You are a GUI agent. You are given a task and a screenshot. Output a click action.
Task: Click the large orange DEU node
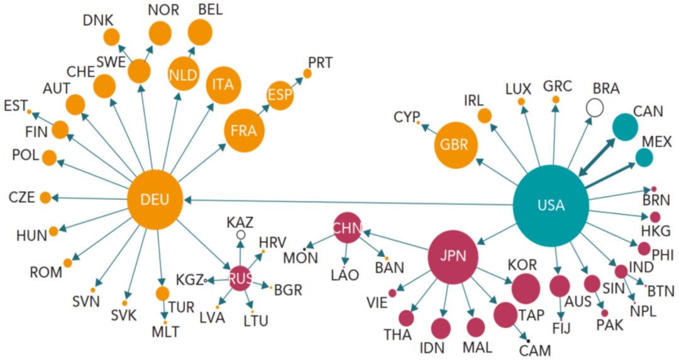155,200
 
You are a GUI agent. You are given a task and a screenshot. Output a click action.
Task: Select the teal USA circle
551,205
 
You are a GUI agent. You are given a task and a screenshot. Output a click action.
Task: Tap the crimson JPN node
451,256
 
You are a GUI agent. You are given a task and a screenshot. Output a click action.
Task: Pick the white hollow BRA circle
594,108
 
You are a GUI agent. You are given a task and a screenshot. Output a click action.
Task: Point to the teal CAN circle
626,126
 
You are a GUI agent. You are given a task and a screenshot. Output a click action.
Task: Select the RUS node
240,280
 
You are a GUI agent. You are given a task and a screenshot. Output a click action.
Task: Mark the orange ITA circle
223,84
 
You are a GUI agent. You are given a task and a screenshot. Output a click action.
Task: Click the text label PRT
320,62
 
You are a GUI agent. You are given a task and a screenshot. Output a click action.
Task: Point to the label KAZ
240,221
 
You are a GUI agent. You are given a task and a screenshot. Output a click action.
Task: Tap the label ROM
46,273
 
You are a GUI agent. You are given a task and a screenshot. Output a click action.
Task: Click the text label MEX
656,141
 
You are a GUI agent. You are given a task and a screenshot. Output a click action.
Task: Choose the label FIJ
561,329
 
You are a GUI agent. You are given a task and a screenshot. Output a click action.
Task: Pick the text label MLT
165,331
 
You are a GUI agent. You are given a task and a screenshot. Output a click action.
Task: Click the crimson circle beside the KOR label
526,288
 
